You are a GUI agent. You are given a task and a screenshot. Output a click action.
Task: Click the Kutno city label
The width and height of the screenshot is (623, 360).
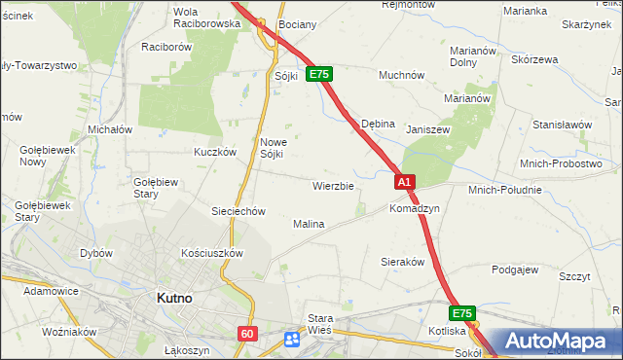pos(179,300)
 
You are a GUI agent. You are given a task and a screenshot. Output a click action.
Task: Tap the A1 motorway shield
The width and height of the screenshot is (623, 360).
pos(406,182)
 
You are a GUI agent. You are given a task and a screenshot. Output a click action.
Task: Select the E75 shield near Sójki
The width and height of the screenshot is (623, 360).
pos(319,74)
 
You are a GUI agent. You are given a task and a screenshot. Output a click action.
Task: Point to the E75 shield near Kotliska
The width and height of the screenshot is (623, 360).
pos(461,313)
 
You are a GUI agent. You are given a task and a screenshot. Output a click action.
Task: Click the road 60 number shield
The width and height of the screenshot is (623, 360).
pos(246,334)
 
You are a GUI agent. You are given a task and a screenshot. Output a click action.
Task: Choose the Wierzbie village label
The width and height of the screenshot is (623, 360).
pos(333,185)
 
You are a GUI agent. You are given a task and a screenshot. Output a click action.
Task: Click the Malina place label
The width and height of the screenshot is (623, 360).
pos(309,224)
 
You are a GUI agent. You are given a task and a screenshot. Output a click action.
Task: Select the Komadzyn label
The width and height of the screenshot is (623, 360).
pos(415,209)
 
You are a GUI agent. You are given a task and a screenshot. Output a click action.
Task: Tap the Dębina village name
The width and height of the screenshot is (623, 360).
pos(378,125)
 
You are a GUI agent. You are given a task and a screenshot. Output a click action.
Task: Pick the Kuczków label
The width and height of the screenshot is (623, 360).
pos(215,152)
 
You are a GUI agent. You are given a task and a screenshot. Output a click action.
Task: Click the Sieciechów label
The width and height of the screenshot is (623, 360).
pos(238,211)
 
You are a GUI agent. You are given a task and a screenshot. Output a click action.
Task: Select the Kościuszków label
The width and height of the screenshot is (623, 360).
pos(211,252)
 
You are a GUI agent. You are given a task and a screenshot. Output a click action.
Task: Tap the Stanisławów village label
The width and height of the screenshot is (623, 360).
pos(563,126)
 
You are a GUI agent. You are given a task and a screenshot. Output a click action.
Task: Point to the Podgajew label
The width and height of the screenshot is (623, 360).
pos(515,270)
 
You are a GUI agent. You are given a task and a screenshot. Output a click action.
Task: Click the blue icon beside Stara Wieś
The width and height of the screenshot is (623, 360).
pos(292,339)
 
